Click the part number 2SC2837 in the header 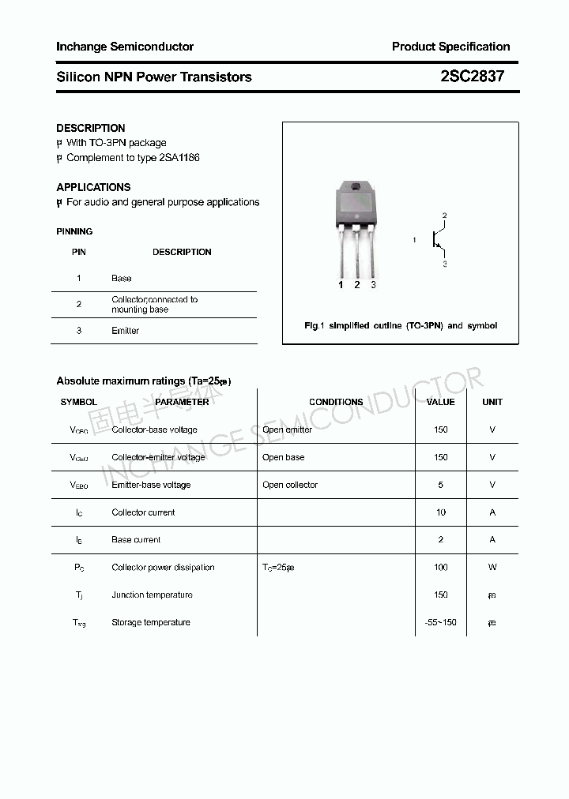(x=472, y=77)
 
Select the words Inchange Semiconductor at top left (x=125, y=47)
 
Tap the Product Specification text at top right (x=450, y=47)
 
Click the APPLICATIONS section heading (x=93, y=187)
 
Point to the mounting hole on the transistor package (x=356, y=187)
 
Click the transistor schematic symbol (x=436, y=238)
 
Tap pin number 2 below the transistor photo (x=357, y=285)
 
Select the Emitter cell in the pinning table (x=125, y=331)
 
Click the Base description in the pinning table (x=122, y=278)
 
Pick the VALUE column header (x=440, y=402)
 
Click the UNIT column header (x=492, y=402)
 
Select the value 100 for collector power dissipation (x=440, y=568)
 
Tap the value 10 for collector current (x=440, y=512)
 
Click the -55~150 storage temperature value (x=440, y=623)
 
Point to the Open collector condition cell (x=290, y=485)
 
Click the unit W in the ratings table (x=492, y=568)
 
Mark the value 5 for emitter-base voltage (x=440, y=485)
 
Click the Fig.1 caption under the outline (x=401, y=325)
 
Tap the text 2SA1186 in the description (x=179, y=158)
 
